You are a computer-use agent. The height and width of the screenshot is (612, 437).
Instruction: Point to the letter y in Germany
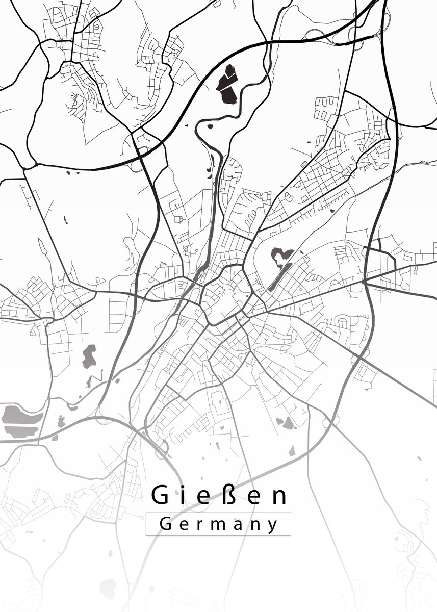[x=274, y=526]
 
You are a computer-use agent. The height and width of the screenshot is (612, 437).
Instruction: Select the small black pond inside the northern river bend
[x=210, y=124]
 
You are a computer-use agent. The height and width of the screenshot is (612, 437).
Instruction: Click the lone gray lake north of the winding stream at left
[x=89, y=356]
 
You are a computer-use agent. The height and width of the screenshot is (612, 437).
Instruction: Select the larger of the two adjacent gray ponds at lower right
[x=289, y=423]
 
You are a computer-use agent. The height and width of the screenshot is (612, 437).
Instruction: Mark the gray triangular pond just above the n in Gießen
[x=292, y=451]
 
